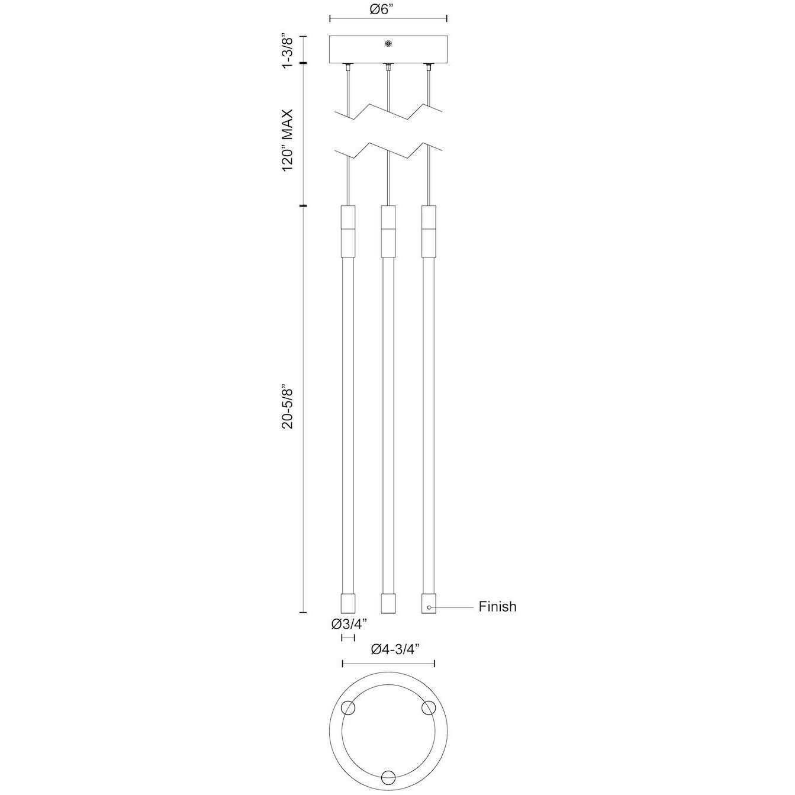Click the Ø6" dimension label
pyautogui.click(x=388, y=9)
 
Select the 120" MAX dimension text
pyautogui.click(x=288, y=140)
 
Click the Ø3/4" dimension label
pyautogui.click(x=349, y=623)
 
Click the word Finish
pyautogui.click(x=497, y=607)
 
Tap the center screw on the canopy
pyautogui.click(x=388, y=43)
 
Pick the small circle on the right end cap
pyautogui.click(x=429, y=607)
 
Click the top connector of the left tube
pyautogui.click(x=348, y=231)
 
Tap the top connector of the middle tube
pyautogui.click(x=388, y=231)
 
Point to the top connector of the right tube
pyautogui.click(x=428, y=231)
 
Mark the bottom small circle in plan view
pyautogui.click(x=388, y=777)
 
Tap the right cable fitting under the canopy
pyautogui.click(x=427, y=66)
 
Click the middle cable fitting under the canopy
pyautogui.click(x=388, y=66)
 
